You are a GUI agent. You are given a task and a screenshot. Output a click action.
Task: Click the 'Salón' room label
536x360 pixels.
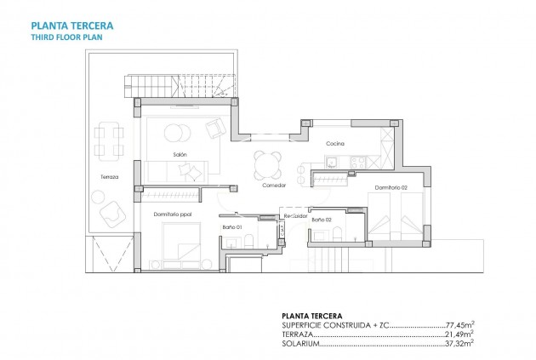pyautogui.click(x=180, y=154)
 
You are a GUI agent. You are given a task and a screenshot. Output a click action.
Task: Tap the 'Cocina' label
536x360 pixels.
pyautogui.click(x=334, y=144)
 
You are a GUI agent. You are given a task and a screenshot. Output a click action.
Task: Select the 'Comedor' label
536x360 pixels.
pyautogui.click(x=273, y=185)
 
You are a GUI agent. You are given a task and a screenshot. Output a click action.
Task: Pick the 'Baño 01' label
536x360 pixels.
pyautogui.click(x=233, y=227)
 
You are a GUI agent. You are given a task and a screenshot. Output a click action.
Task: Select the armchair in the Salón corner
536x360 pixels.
pyautogui.click(x=214, y=128)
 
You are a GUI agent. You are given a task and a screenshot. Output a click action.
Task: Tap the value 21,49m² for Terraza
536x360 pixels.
pyautogui.click(x=460, y=334)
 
